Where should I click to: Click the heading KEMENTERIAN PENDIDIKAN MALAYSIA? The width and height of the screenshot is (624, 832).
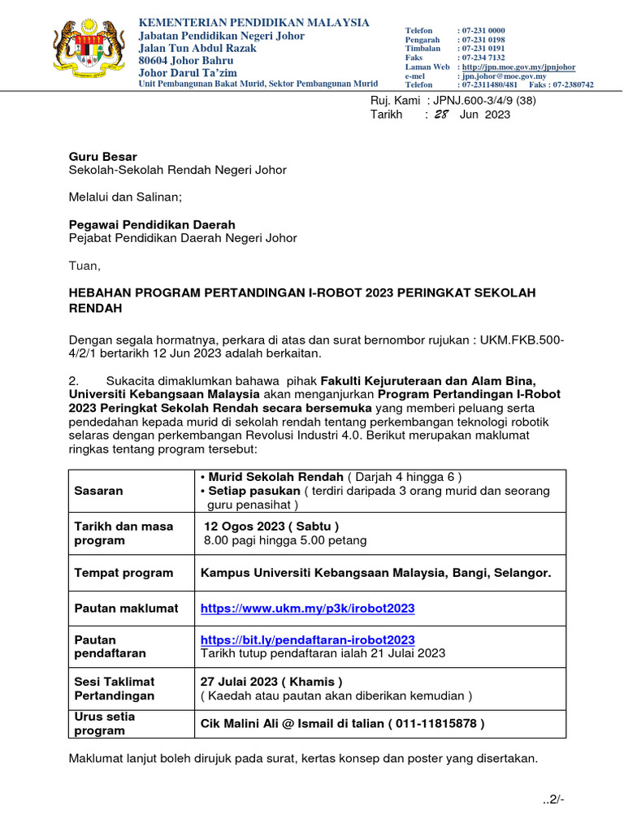pos(254,22)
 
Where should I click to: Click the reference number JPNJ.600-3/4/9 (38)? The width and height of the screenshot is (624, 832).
pos(484,100)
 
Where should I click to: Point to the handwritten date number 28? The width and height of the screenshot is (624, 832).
pos(441,115)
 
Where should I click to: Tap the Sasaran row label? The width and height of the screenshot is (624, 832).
pos(99,491)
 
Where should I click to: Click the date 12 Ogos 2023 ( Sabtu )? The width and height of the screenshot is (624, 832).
pos(271,526)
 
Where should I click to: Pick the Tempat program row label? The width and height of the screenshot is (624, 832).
pos(123,573)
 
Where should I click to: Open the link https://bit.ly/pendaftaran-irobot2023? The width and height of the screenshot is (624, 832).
pos(307,640)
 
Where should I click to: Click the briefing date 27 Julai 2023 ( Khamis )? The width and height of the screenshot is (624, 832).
pos(271,681)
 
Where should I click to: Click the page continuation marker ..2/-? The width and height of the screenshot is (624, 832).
pos(553,800)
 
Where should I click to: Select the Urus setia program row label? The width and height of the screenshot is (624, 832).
pos(106,723)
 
